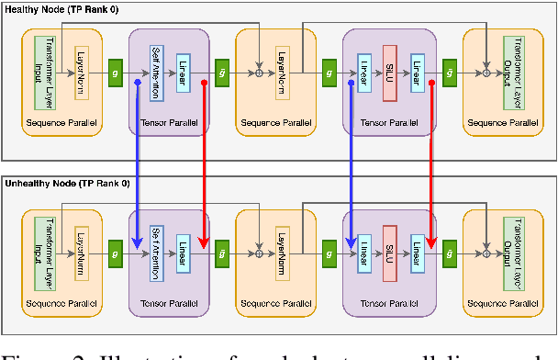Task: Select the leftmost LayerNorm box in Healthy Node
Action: point(81,70)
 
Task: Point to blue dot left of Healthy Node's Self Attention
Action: point(137,82)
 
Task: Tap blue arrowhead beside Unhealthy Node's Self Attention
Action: point(137,241)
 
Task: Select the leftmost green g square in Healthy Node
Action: point(116,71)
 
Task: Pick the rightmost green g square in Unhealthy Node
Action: point(450,247)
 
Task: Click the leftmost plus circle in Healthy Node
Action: point(261,71)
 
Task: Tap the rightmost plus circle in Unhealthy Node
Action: point(486,247)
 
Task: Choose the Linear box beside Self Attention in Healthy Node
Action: point(184,71)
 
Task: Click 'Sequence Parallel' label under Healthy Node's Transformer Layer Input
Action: point(61,121)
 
